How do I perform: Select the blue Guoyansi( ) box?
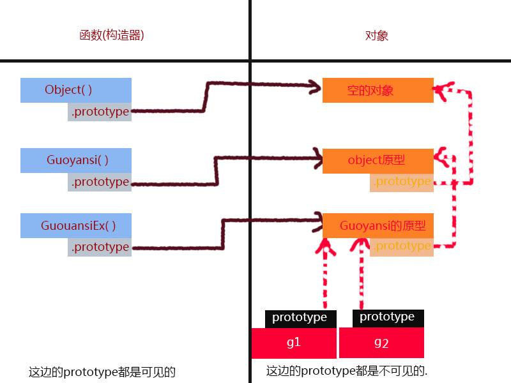(x=76, y=160)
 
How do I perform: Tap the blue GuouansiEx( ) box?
(x=77, y=226)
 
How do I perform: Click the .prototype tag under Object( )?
(x=100, y=112)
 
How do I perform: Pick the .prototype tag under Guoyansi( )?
(x=100, y=183)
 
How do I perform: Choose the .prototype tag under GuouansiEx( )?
(x=100, y=248)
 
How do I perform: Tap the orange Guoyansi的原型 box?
(x=378, y=226)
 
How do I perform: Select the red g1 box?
(x=294, y=343)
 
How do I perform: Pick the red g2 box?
(x=381, y=343)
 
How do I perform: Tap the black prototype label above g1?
(x=300, y=318)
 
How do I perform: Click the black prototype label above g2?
(x=387, y=317)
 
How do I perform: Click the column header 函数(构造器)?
(x=112, y=36)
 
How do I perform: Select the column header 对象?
(x=377, y=36)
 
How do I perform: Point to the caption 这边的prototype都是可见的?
(x=102, y=372)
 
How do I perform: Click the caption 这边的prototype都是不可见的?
(x=347, y=370)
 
